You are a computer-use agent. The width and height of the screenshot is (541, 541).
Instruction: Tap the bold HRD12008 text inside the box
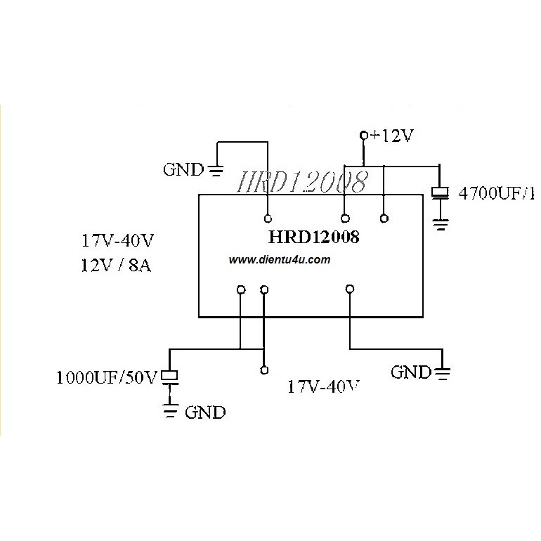[314, 237]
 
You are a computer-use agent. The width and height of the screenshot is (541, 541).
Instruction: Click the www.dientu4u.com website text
[279, 260]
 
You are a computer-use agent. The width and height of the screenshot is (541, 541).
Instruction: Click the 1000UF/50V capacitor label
[107, 378]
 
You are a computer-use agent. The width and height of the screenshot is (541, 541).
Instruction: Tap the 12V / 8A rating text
[115, 266]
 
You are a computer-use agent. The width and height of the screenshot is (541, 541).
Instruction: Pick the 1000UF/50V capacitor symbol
[171, 377]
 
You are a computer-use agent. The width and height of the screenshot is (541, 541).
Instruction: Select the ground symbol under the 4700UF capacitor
[441, 225]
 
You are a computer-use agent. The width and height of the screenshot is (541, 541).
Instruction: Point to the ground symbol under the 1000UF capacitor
[171, 410]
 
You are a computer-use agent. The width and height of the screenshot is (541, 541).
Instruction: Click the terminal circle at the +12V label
[363, 135]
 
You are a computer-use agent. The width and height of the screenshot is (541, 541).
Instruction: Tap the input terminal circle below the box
[263, 370]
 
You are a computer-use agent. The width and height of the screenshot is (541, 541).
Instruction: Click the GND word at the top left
[184, 169]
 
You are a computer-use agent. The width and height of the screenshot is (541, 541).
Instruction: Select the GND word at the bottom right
[411, 372]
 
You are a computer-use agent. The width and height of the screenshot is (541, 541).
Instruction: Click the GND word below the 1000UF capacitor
[205, 412]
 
